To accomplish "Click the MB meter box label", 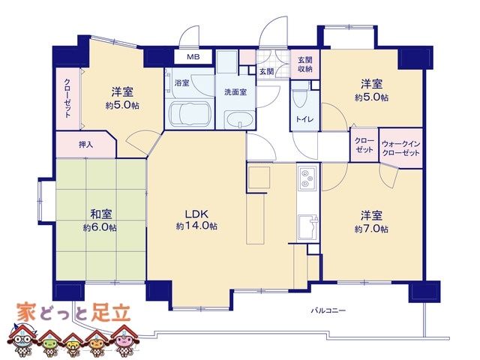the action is (193, 57).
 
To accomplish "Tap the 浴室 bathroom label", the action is (181, 82).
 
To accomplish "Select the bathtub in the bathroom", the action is (190, 115).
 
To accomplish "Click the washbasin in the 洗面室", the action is (239, 120).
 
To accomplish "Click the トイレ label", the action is (304, 119).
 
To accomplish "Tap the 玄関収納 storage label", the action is (305, 64).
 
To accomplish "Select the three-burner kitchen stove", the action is (307, 178).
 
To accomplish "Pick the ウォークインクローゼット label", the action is (400, 148).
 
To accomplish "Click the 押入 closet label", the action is (85, 145).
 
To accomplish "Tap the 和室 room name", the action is (100, 214).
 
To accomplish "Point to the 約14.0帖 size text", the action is (196, 226).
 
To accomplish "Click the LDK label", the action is (196, 213).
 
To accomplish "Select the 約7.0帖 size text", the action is (371, 229).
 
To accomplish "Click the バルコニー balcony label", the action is (328, 310).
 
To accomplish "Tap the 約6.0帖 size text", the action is (100, 228).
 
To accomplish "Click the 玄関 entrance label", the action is (267, 72).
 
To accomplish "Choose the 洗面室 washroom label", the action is (235, 91).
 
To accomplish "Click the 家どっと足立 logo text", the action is (73, 313).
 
